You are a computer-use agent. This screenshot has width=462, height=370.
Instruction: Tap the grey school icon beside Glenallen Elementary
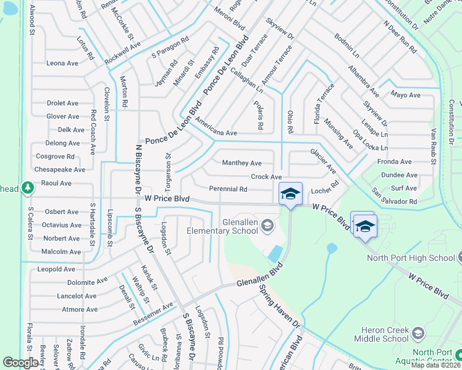click(x=267, y=225)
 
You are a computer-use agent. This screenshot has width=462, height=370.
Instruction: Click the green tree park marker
click(x=27, y=187)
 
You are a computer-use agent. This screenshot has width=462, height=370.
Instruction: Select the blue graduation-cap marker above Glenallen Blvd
click(x=290, y=194)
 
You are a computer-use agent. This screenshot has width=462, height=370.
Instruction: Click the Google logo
click(x=20, y=363)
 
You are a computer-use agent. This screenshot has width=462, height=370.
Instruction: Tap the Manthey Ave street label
click(x=241, y=163)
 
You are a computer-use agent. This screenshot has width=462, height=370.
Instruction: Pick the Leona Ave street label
click(x=62, y=63)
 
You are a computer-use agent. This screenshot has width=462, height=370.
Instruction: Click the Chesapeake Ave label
click(x=60, y=170)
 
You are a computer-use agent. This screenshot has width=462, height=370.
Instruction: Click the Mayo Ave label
click(x=405, y=95)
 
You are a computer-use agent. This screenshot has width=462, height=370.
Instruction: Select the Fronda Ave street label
click(x=396, y=162)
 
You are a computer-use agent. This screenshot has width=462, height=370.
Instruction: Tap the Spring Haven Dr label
click(x=279, y=306)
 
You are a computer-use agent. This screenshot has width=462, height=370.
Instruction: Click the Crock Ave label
click(x=266, y=177)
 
